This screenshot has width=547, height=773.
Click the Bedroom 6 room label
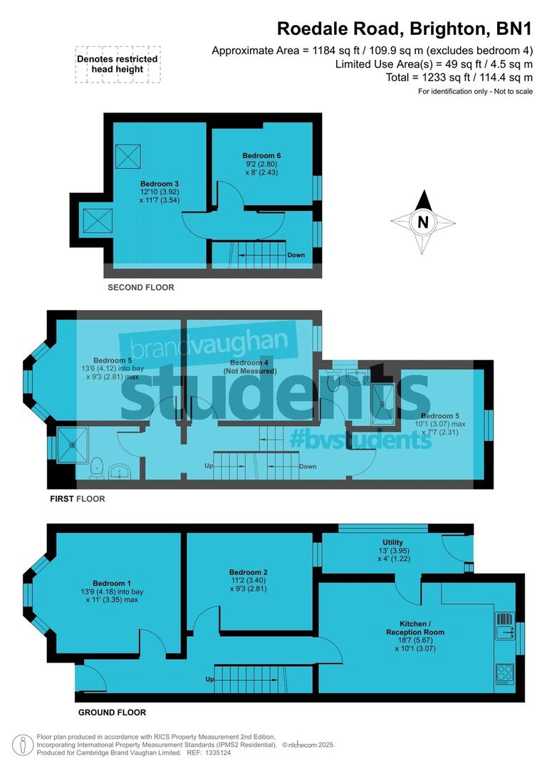click(258, 155)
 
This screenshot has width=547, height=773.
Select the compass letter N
click(423, 222)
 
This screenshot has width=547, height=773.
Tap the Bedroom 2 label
click(248, 572)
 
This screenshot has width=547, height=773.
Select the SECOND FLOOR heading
click(140, 288)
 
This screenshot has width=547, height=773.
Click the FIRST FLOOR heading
click(77, 499)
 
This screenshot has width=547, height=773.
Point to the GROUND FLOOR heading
click(111, 712)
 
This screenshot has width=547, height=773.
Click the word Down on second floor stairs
click(296, 255)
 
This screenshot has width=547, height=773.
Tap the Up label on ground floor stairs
click(210, 680)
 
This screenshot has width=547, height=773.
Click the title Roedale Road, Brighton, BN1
click(405, 29)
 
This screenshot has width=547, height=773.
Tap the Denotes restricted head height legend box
click(118, 65)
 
